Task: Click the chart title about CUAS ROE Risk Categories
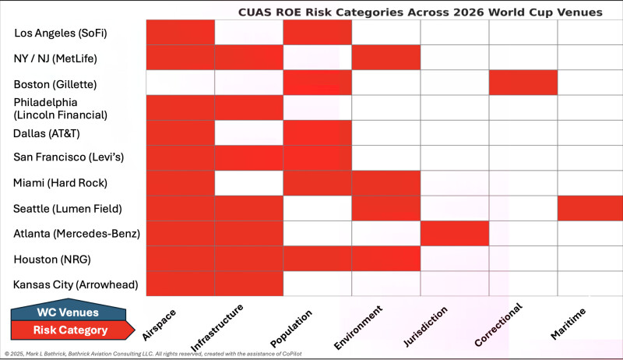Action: click(420, 12)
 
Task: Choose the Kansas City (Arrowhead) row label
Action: click(76, 284)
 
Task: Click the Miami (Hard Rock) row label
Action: click(60, 183)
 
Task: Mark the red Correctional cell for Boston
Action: click(523, 83)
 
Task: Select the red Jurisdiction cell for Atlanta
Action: click(455, 234)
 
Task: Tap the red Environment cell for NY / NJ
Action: click(386, 58)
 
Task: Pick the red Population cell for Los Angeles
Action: click(318, 33)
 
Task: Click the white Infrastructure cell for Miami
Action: click(249, 183)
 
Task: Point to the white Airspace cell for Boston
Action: click(181, 83)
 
